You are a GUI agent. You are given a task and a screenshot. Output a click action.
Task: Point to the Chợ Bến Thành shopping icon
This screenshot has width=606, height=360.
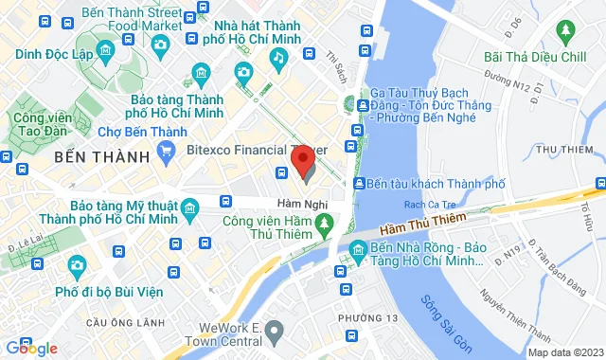pos(167,148)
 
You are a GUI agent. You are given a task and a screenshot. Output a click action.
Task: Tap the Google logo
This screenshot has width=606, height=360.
pos(30,349)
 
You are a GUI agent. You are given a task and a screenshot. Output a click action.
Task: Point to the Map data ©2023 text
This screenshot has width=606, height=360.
pos(563,352)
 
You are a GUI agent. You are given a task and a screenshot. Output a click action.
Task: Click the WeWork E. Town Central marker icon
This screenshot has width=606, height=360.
pos(275,330)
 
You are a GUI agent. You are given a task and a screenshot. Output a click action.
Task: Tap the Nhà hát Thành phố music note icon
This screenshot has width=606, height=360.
pos(278,59)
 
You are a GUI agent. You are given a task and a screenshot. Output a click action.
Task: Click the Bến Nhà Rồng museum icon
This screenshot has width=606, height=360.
pos(358,251)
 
